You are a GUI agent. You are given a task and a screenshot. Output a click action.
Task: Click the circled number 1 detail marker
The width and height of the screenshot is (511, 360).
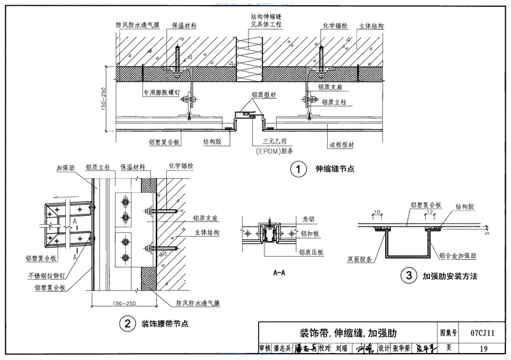click(x=298, y=169)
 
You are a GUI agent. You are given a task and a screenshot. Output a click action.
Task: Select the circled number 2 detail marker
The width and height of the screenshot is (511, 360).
click(x=128, y=324)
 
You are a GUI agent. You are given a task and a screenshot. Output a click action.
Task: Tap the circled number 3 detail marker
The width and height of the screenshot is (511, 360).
click(x=408, y=276)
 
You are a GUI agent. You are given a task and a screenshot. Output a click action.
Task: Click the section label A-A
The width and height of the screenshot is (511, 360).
click(x=279, y=272)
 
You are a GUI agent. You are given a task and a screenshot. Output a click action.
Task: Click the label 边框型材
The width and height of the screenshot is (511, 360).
click(x=342, y=145)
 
